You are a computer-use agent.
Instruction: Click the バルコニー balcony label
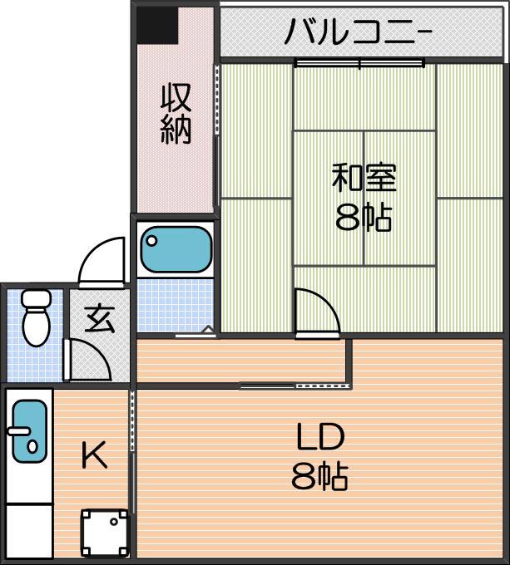[x=358, y=32]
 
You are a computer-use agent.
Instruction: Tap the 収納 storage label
[x=176, y=114]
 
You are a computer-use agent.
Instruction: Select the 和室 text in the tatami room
[x=364, y=177]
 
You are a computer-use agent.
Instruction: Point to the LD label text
[x=320, y=436]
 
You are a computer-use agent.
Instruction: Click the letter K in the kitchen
[x=95, y=454]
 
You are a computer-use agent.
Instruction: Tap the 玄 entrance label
[x=100, y=318]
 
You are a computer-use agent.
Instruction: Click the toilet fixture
[x=36, y=317]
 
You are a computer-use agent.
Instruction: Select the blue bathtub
[x=176, y=249]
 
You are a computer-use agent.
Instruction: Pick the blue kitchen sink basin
[x=30, y=431]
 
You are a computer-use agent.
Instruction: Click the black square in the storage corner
[x=157, y=25]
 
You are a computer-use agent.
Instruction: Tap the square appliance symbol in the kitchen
[x=105, y=533]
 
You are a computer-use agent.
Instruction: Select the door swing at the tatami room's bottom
[x=317, y=311]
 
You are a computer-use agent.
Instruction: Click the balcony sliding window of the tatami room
[x=359, y=63]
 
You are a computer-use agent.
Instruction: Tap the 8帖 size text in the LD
[x=319, y=476]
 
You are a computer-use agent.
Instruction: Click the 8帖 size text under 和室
[x=364, y=217]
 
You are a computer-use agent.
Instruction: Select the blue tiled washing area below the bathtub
[x=176, y=305]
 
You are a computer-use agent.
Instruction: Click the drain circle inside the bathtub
[x=152, y=240]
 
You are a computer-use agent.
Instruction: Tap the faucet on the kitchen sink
[x=19, y=431]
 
